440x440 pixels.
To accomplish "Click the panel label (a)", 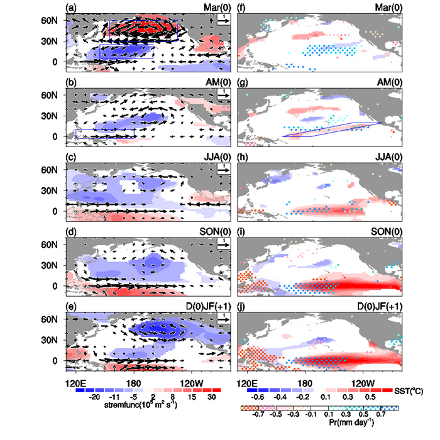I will pyautogui.click(x=70, y=8).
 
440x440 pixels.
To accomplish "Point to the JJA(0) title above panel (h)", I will pyautogui.click(x=387, y=157).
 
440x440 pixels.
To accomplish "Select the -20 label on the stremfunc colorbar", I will pyautogui.click(x=96, y=398).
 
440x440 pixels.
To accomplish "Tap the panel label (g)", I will pyautogui.click(x=245, y=83).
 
